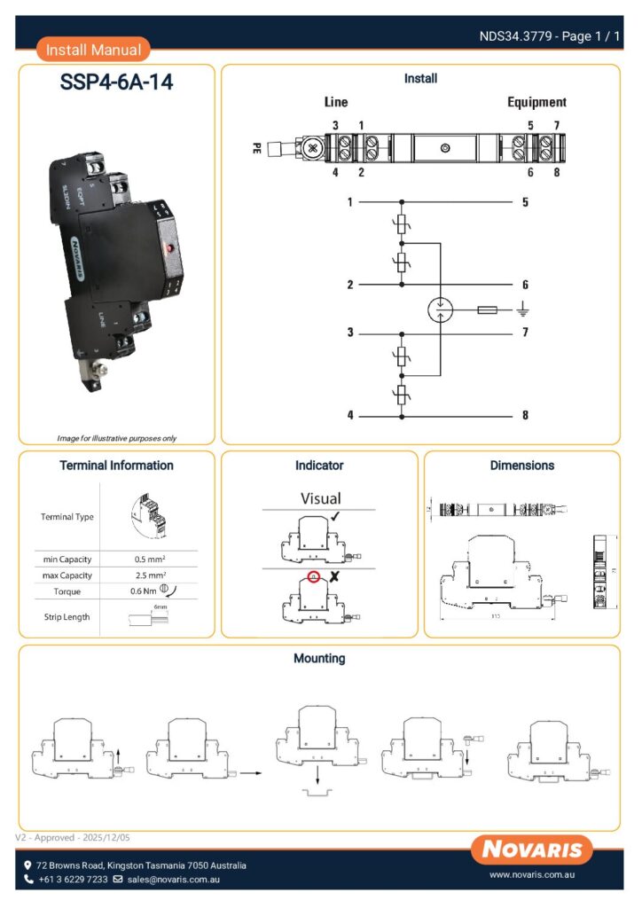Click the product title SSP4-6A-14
pyautogui.click(x=116, y=83)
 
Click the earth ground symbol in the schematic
pyautogui.click(x=524, y=310)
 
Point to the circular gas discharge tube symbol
pyautogui.click(x=441, y=309)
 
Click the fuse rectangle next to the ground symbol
pyautogui.click(x=487, y=310)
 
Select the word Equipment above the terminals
pyautogui.click(x=536, y=102)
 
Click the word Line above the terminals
pyautogui.click(x=336, y=102)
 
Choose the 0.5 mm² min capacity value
pyautogui.click(x=148, y=560)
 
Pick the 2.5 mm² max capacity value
pyautogui.click(x=148, y=575)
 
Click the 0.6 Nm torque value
pyautogui.click(x=144, y=591)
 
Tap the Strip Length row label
pyautogui.click(x=67, y=616)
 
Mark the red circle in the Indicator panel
pyautogui.click(x=313, y=577)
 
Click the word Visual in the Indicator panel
pyautogui.click(x=320, y=498)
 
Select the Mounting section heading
pyautogui.click(x=319, y=659)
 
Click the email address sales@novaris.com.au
pyautogui.click(x=173, y=880)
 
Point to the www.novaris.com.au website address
pyautogui.click(x=533, y=875)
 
